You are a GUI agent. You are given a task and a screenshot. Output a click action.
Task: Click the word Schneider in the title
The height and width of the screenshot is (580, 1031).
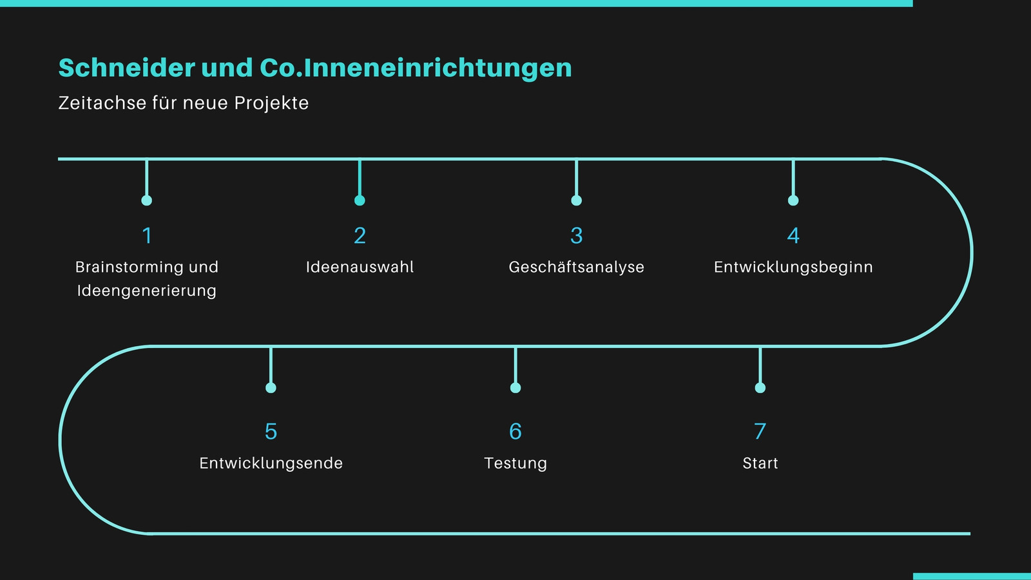click(x=126, y=68)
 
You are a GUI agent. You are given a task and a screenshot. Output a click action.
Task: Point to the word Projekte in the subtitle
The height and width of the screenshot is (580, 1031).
click(x=271, y=103)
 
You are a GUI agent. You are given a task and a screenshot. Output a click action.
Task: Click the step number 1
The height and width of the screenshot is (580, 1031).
click(x=147, y=236)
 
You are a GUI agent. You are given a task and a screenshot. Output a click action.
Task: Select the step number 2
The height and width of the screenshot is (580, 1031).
click(x=360, y=236)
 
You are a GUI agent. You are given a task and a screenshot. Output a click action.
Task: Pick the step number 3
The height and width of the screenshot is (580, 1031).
click(x=577, y=236)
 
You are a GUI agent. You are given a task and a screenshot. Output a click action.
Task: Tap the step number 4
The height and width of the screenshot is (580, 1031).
click(x=793, y=236)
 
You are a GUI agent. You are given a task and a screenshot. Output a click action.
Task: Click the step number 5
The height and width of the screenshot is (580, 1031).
click(x=271, y=431)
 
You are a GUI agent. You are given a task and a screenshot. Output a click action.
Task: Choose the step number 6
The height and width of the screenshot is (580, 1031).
click(x=515, y=431)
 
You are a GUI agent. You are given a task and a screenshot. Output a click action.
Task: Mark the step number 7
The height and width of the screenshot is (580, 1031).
click(x=760, y=431)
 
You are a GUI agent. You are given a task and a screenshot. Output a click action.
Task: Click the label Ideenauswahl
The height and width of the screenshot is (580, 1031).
click(x=360, y=267)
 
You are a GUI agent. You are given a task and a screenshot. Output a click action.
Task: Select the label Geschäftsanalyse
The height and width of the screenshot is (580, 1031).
click(x=577, y=267)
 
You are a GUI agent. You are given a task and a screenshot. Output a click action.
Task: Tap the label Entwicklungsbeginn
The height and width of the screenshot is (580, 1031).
click(x=793, y=267)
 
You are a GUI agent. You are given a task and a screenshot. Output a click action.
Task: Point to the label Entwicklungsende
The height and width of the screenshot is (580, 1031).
click(x=271, y=463)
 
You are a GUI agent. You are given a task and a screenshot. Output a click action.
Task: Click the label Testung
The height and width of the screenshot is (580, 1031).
click(x=515, y=463)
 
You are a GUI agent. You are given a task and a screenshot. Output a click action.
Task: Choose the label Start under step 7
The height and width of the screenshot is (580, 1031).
click(x=760, y=463)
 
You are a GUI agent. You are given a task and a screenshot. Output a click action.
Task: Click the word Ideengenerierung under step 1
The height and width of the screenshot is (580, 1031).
click(x=147, y=291)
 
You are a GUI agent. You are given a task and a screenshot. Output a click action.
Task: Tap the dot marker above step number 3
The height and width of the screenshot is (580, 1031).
click(x=577, y=200)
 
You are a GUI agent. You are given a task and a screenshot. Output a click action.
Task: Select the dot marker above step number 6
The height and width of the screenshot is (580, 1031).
click(x=515, y=387)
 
